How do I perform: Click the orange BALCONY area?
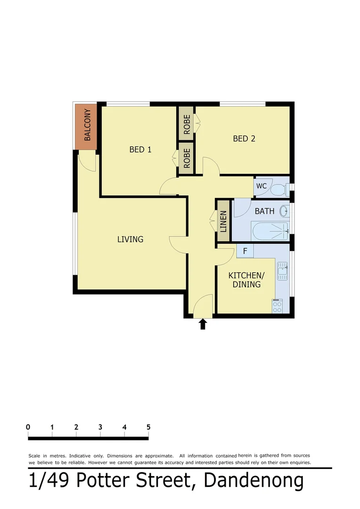[87, 126]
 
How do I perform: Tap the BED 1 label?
[140, 150]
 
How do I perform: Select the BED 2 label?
[244, 139]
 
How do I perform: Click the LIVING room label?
[130, 239]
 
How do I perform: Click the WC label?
[262, 186]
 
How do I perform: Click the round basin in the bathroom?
[284, 211]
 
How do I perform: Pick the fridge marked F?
[245, 251]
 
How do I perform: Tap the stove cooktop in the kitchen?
[277, 306]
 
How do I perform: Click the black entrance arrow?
[203, 324]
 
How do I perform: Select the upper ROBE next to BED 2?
[187, 124]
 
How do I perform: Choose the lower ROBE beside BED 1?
[187, 159]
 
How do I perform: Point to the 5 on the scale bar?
[148, 427]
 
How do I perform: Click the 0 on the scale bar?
[29, 427]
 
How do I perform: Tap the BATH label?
[264, 211]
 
